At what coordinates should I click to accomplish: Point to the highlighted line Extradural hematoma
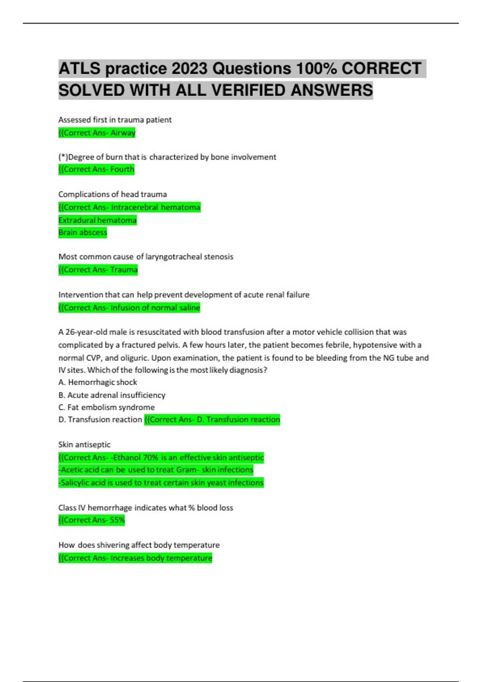97,220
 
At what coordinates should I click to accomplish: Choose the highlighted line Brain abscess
83,233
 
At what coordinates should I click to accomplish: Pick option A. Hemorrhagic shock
98,382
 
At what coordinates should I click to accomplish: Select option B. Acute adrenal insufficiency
112,395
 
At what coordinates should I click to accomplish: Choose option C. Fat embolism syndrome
106,407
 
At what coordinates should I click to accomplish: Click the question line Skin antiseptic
84,445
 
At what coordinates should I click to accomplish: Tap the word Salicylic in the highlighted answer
78,483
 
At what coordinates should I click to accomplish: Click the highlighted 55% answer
117,520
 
